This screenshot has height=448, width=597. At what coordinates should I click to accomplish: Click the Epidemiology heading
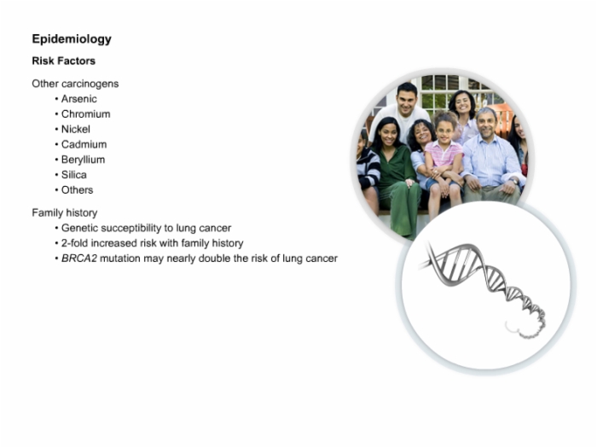coord(72,39)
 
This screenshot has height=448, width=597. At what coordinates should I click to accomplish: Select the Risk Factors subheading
coord(64,61)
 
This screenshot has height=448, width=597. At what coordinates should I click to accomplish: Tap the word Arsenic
coord(78,99)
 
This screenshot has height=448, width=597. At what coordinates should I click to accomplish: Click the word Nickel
coord(76,129)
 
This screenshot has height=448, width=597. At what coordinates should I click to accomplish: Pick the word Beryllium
coord(83,160)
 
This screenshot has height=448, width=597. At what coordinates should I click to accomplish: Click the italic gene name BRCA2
coord(79,259)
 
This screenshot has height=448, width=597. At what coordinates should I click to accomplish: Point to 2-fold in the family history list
coord(75,243)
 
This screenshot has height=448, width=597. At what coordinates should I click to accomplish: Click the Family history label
coord(65,212)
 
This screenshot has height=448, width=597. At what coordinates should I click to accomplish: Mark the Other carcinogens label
coord(75,84)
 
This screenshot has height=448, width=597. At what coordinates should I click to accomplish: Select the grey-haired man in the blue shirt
coord(491,156)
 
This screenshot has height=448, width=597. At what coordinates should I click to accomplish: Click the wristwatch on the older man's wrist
coord(514,181)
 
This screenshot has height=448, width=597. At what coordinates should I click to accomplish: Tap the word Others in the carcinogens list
coord(77,189)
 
